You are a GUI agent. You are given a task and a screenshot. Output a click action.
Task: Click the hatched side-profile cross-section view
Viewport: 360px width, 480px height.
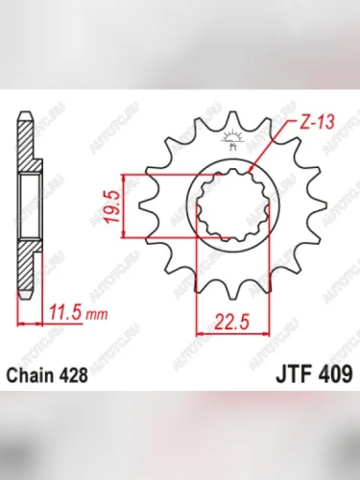click(26, 206)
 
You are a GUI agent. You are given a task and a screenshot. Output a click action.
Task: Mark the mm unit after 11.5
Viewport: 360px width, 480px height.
click(92, 313)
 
